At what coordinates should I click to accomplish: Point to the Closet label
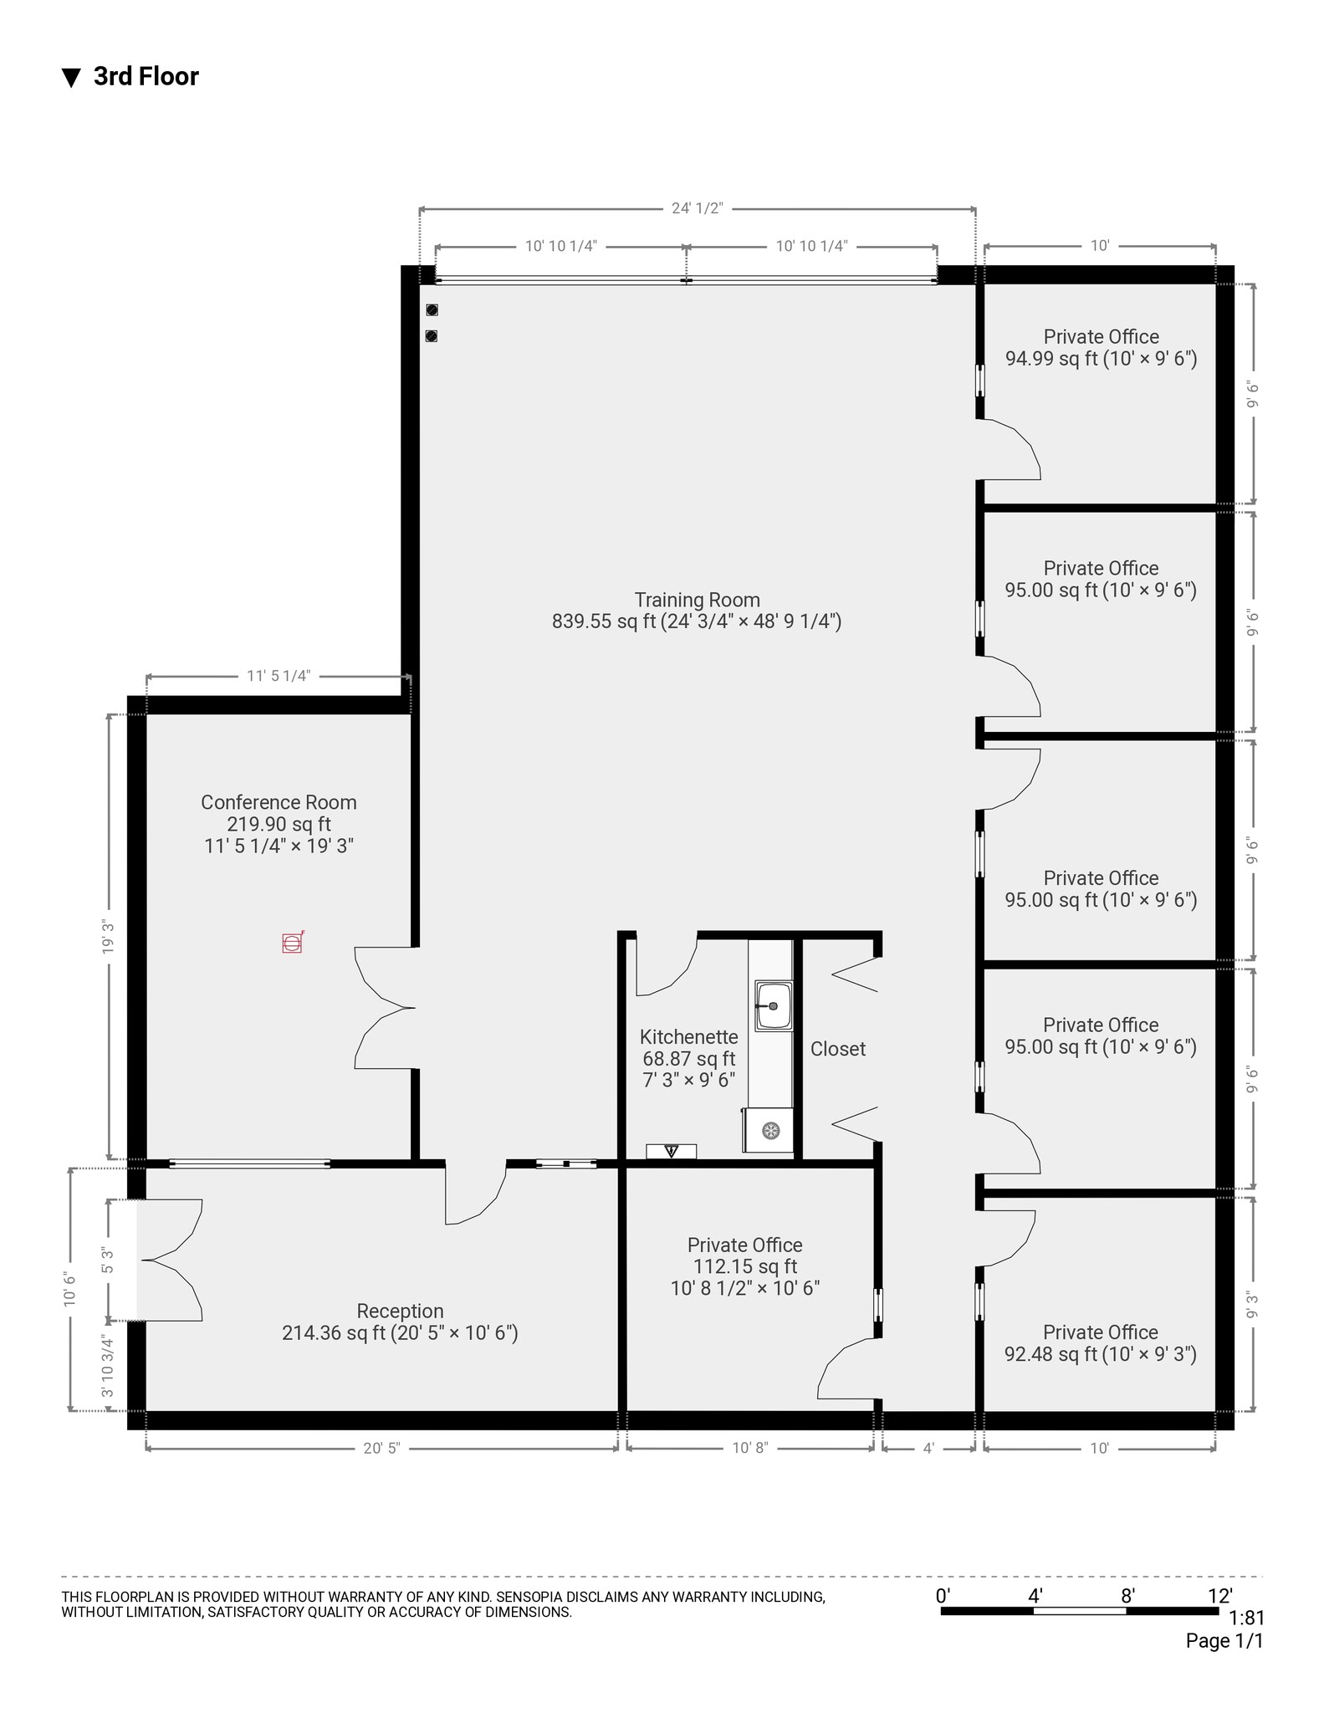tap(837, 1049)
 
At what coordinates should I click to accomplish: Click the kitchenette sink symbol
tap(773, 1006)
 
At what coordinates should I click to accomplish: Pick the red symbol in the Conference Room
tap(292, 943)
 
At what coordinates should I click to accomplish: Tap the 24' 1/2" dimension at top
tap(697, 208)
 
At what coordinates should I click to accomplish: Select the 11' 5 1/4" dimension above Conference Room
tap(279, 676)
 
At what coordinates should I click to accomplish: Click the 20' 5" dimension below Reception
tap(381, 1448)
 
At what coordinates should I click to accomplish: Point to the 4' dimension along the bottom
tap(928, 1448)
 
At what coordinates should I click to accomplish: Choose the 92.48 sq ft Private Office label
tap(1100, 1343)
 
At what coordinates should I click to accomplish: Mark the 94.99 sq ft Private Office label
tap(1100, 348)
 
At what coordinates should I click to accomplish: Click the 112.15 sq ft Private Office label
tap(744, 1266)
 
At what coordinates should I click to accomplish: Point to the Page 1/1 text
tap(1224, 1641)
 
